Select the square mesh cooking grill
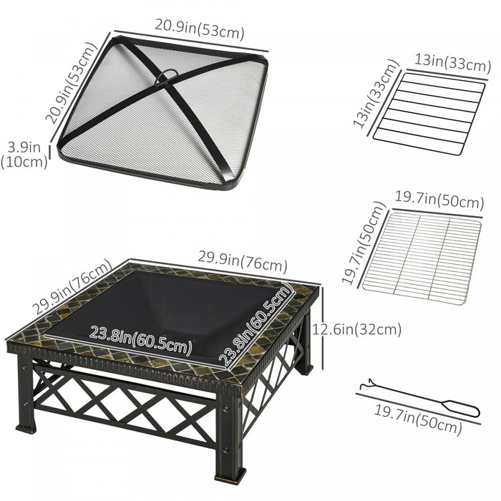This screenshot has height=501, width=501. pyautogui.click(x=422, y=256)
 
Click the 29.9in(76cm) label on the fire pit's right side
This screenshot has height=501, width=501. pyautogui.click(x=245, y=259)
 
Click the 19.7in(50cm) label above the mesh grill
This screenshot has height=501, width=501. pyautogui.click(x=439, y=201)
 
